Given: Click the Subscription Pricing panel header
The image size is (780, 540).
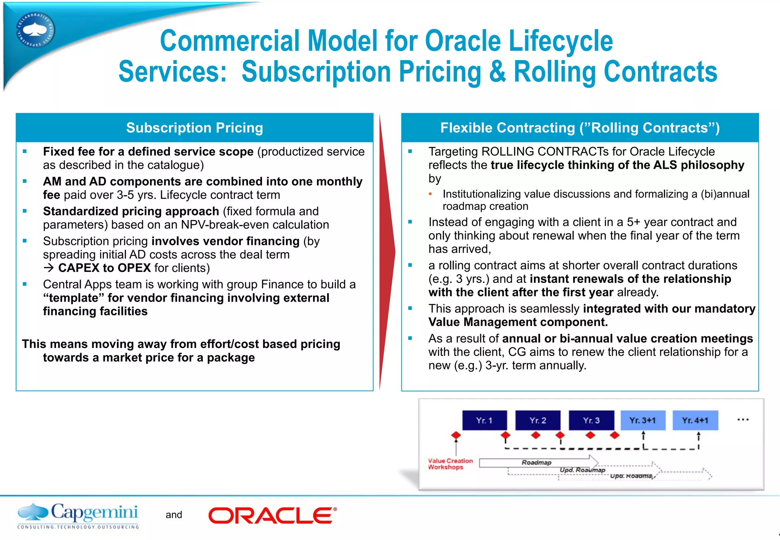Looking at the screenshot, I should (195, 128).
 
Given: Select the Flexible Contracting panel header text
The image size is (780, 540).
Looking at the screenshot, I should (580, 128).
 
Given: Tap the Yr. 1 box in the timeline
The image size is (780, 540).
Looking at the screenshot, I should (484, 420).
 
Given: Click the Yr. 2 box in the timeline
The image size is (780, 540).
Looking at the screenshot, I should (538, 420).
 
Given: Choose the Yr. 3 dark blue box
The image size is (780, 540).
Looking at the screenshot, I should (591, 420).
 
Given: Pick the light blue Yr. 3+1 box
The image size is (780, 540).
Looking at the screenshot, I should (643, 420).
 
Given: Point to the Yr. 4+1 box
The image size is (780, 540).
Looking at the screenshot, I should (695, 420).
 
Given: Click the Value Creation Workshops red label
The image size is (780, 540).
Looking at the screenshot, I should (450, 464).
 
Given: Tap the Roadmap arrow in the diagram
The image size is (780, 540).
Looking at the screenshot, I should (537, 462).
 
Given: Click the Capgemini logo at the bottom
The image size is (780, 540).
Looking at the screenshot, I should (78, 516).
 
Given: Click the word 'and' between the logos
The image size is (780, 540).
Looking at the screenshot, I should (174, 515).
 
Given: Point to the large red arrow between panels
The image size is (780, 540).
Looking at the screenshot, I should (387, 251).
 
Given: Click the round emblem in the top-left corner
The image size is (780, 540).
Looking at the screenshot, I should (35, 30).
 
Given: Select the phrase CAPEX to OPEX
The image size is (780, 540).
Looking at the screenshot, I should (104, 268).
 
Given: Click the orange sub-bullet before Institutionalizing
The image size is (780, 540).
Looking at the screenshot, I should (430, 194).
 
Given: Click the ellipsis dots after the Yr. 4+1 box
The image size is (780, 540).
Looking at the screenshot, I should (743, 420).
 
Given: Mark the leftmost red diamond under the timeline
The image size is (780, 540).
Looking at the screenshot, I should (456, 435).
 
